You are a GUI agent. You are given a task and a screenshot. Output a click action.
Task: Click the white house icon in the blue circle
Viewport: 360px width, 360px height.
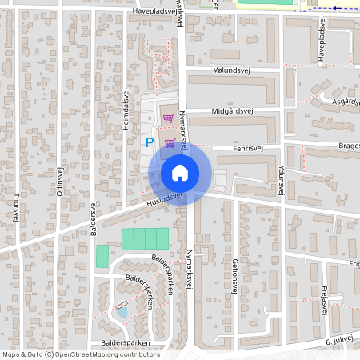click(x=180, y=172)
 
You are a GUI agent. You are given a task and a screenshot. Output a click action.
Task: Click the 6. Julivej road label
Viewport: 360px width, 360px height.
click(x=340, y=340)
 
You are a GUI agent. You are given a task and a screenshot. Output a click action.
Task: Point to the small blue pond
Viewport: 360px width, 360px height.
click(x=122, y=312)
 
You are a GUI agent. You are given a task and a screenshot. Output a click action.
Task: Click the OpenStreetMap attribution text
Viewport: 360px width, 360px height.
click(x=81, y=354)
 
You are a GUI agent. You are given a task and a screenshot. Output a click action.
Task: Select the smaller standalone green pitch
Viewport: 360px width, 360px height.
click(x=102, y=257)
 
